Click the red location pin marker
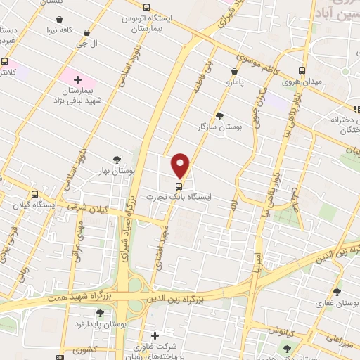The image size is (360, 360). (181, 165)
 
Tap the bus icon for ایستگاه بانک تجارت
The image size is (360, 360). (179, 186)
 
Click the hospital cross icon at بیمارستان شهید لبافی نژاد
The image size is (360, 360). (77, 80)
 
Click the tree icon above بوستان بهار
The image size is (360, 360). (117, 160)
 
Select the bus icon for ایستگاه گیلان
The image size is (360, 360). (34, 194)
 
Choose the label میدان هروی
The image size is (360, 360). (302, 82)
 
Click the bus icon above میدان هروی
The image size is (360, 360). (302, 70)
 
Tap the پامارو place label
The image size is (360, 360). (238, 83)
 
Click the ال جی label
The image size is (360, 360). (86, 43)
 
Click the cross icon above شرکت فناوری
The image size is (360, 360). (155, 335)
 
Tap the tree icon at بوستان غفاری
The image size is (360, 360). (337, 292)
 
